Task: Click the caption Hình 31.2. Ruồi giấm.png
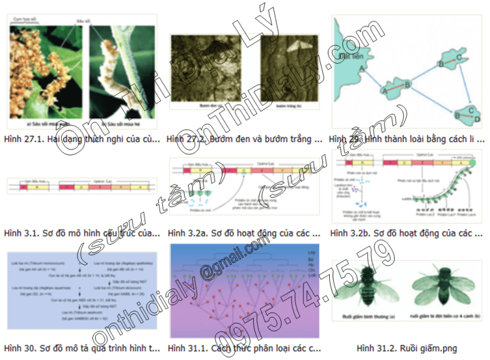coord(407,348)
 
